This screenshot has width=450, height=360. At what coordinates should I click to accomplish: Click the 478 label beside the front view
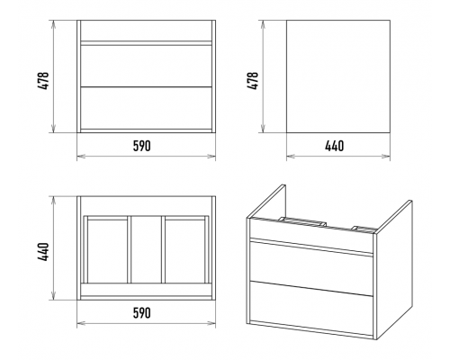click(43, 81)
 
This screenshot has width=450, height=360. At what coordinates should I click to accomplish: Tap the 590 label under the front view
click(142, 146)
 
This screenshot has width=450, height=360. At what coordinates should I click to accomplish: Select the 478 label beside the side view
click(253, 81)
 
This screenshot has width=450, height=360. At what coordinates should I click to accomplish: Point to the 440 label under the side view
click(335, 146)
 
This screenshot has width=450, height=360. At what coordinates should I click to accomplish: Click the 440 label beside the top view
click(43, 252)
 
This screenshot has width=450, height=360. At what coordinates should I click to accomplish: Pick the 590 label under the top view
click(142, 313)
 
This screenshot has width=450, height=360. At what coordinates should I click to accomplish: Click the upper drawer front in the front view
click(147, 66)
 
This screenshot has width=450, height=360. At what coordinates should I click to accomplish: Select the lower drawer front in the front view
click(147, 108)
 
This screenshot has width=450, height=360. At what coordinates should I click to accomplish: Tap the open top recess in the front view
click(147, 31)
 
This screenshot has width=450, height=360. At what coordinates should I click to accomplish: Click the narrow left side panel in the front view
click(79, 76)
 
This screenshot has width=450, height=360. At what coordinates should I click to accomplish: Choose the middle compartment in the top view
click(147, 249)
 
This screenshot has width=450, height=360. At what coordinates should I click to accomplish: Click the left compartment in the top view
click(107, 251)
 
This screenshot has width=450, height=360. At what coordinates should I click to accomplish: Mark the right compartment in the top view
click(184, 251)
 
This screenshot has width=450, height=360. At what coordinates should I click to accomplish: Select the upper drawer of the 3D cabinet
click(311, 264)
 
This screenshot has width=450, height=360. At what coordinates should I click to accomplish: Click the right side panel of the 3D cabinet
click(394, 270)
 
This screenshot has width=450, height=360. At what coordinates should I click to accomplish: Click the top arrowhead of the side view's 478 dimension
click(264, 24)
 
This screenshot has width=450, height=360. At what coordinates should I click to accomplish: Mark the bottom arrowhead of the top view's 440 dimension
click(54, 296)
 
